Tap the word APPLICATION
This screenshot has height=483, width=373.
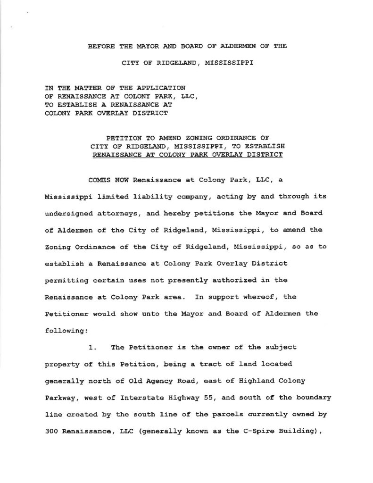point(163,87)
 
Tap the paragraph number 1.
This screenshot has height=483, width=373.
point(92,348)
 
